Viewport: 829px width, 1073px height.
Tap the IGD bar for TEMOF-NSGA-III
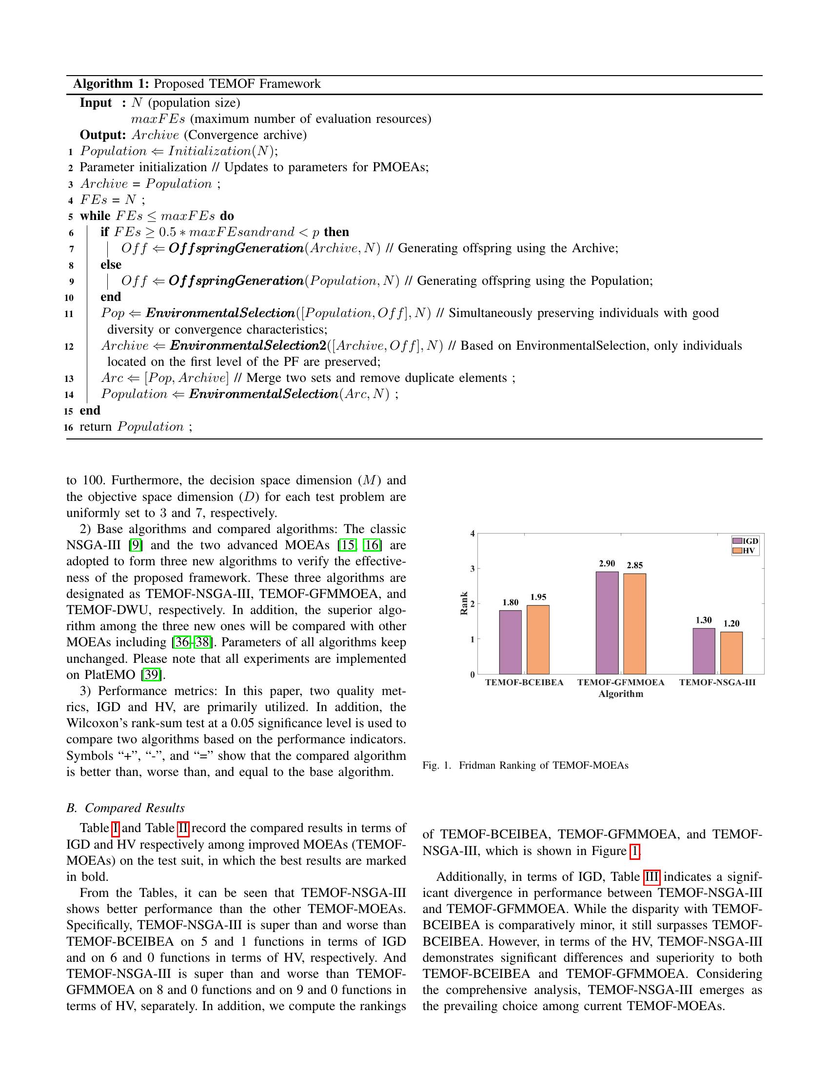[x=703, y=651]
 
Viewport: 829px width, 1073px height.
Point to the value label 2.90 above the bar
[x=607, y=563]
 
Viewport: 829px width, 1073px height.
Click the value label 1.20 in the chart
[x=731, y=623]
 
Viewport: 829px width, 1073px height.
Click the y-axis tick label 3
[x=473, y=568]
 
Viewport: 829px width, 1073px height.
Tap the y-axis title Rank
[x=464, y=603]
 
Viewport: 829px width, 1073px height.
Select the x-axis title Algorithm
[x=621, y=694]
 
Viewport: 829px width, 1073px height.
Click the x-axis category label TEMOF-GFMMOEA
[x=621, y=682]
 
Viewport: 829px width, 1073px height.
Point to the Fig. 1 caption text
[x=525, y=765]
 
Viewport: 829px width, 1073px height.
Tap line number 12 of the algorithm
[x=69, y=346]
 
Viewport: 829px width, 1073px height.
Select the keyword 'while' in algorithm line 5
[x=95, y=216]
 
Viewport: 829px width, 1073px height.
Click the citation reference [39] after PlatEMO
[x=151, y=675]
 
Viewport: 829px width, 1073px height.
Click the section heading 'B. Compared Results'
[x=125, y=808]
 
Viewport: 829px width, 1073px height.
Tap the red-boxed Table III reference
[x=651, y=876]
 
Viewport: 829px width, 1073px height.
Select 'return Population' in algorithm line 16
[x=132, y=426]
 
